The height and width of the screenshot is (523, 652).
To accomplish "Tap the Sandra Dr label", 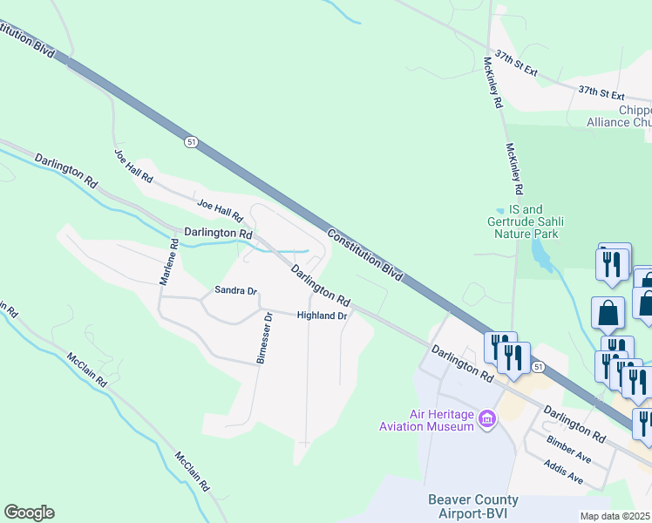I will tap(236, 290).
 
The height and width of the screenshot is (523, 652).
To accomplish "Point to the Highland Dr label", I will tap(322, 316).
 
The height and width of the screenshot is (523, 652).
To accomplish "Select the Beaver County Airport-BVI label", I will tap(473, 506).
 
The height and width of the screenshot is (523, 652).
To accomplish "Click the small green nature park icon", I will tap(499, 210).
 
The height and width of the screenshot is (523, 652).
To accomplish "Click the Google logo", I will tap(29, 513).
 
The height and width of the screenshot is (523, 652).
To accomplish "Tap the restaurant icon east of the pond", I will tap(613, 262).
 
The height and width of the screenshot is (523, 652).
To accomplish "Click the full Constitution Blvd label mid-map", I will tap(365, 254).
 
